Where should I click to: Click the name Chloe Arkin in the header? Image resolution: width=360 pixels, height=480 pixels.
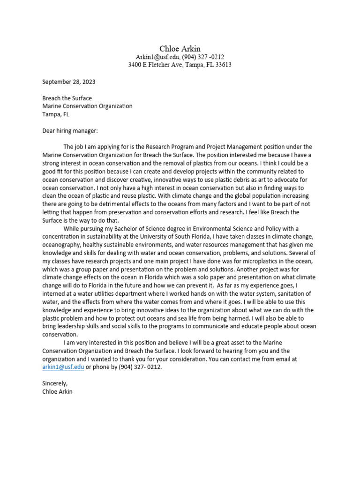coord(180,49)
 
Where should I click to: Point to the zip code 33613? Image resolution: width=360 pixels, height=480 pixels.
coord(222,65)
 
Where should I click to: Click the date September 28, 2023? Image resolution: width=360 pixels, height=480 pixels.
coord(69,82)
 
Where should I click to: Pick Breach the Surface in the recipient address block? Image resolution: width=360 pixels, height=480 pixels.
coord(67,98)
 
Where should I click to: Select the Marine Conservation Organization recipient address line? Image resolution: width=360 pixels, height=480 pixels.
coord(87,106)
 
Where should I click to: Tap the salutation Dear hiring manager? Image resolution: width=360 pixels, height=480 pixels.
coord(70,131)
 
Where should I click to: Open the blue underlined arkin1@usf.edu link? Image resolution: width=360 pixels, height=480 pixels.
coord(63,367)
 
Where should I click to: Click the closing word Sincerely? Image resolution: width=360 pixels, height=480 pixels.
coord(55,383)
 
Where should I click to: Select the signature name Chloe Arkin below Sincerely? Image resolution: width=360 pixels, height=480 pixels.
coord(58,391)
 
